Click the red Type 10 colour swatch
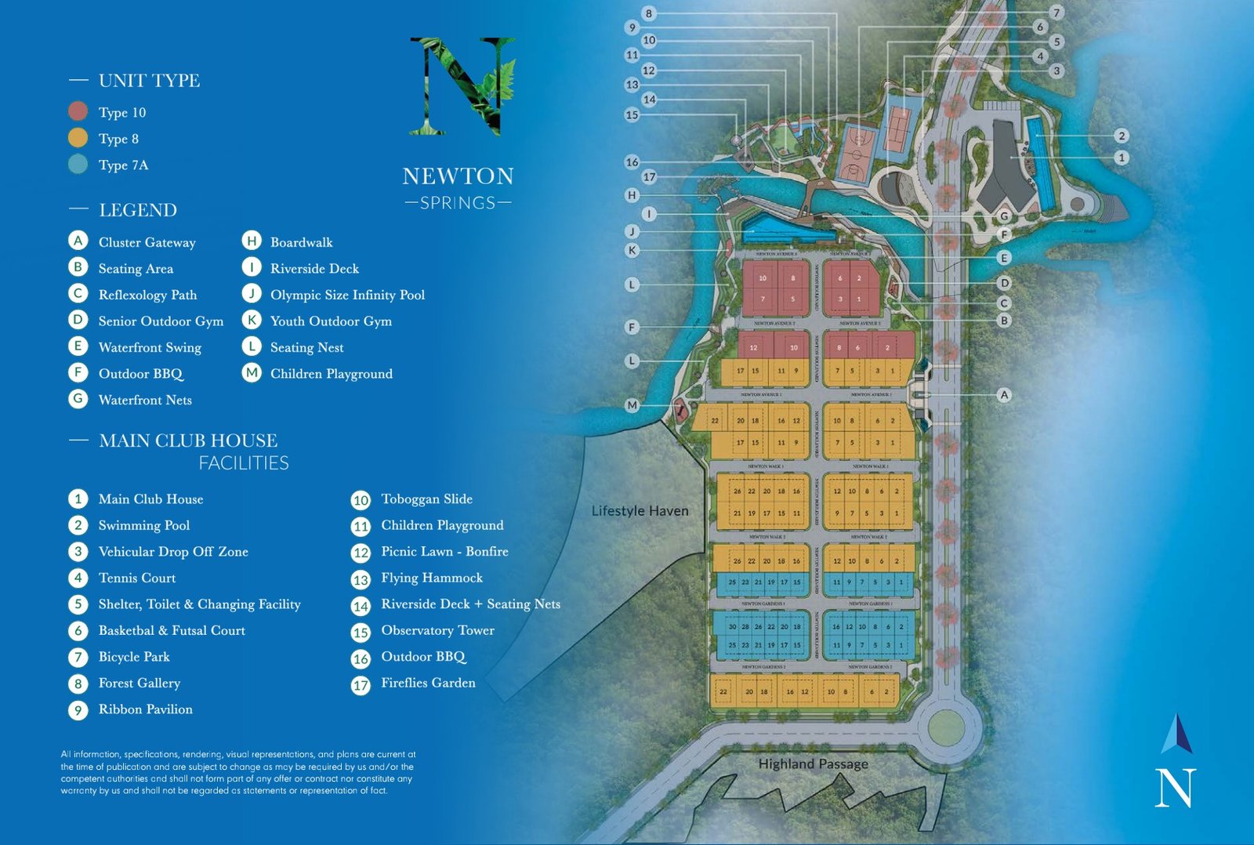coord(78,111)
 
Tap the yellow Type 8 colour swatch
coord(78,138)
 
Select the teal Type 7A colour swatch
coord(78,165)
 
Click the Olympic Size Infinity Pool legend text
coord(347,295)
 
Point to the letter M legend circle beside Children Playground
coord(251,373)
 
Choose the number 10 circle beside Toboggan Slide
coord(361,500)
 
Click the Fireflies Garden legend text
coord(428,683)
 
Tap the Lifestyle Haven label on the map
coord(640,511)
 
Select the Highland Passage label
coord(813,763)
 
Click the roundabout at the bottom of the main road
coord(946,727)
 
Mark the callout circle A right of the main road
coord(1004,395)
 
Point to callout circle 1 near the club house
coord(1122,158)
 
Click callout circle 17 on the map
coord(649,177)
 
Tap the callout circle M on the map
coord(632,405)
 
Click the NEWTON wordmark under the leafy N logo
coord(458,176)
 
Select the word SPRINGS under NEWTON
coord(458,203)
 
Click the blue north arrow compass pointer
coord(1177,734)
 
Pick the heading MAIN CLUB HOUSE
coord(188,441)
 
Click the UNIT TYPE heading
coord(149,81)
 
